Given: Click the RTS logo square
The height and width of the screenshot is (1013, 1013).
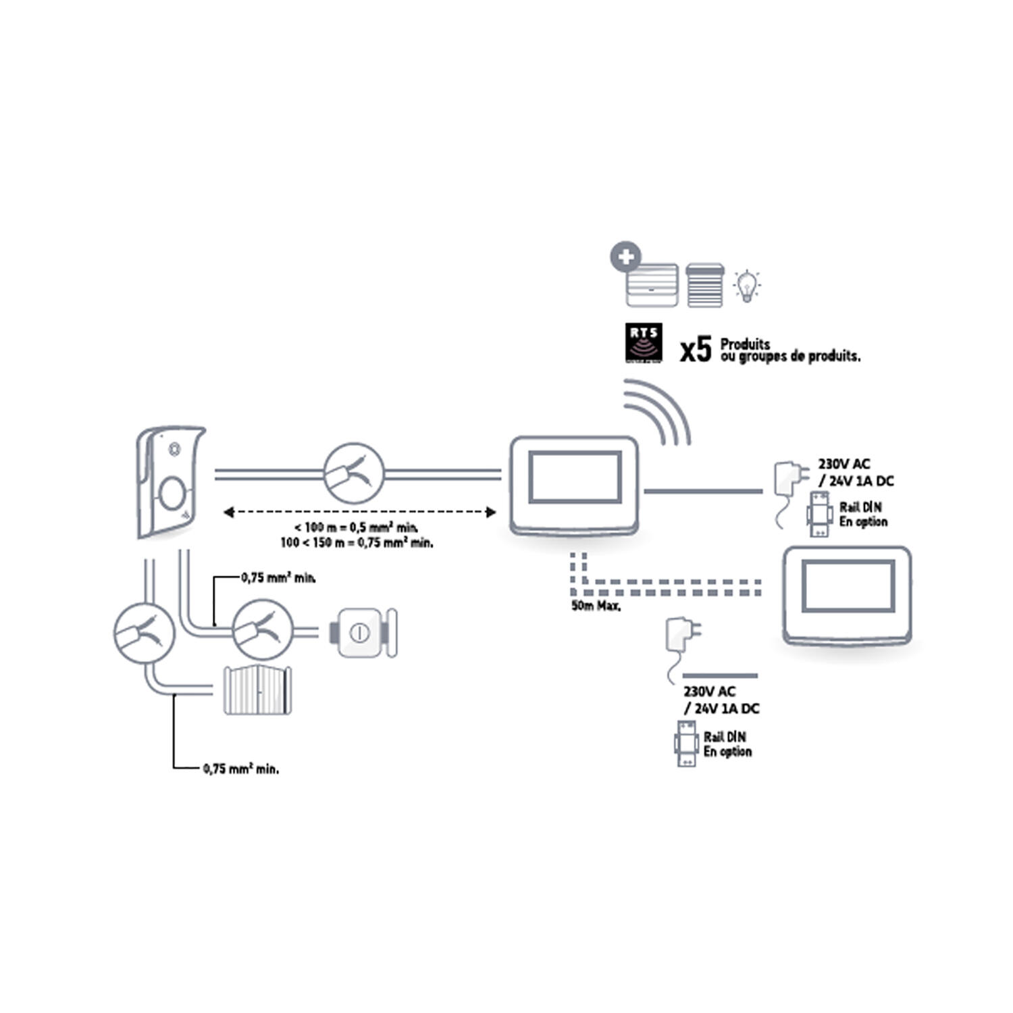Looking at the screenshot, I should pyautogui.click(x=643, y=342).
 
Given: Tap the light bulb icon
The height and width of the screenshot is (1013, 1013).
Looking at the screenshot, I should pyautogui.click(x=746, y=286).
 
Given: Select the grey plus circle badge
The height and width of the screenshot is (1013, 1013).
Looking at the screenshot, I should pyautogui.click(x=625, y=257).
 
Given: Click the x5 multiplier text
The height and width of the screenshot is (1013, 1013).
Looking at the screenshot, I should pyautogui.click(x=696, y=350).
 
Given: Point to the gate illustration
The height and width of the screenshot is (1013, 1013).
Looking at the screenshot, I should pyautogui.click(x=257, y=690).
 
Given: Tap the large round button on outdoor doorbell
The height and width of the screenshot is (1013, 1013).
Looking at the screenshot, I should pyautogui.click(x=172, y=493).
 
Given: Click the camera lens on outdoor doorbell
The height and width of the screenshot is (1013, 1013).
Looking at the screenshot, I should pyautogui.click(x=174, y=448).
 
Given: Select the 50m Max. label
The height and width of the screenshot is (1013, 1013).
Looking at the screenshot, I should pyautogui.click(x=596, y=606).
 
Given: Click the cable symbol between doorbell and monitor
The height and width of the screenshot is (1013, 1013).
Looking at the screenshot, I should pyautogui.click(x=354, y=473).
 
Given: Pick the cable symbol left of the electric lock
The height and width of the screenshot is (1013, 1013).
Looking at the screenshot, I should pyautogui.click(x=263, y=629).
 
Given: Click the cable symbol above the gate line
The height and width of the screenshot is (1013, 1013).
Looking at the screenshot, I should pyautogui.click(x=145, y=633).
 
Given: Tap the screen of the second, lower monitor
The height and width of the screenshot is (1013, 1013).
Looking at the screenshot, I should pyautogui.click(x=848, y=586).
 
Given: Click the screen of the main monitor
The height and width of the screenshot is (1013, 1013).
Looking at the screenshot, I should pyautogui.click(x=575, y=477).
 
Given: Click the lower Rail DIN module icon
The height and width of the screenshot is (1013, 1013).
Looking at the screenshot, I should pyautogui.click(x=686, y=743).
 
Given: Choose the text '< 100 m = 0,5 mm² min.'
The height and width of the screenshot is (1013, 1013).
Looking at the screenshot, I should pyautogui.click(x=356, y=527).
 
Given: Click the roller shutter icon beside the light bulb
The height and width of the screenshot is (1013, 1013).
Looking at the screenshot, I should pyautogui.click(x=704, y=285).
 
